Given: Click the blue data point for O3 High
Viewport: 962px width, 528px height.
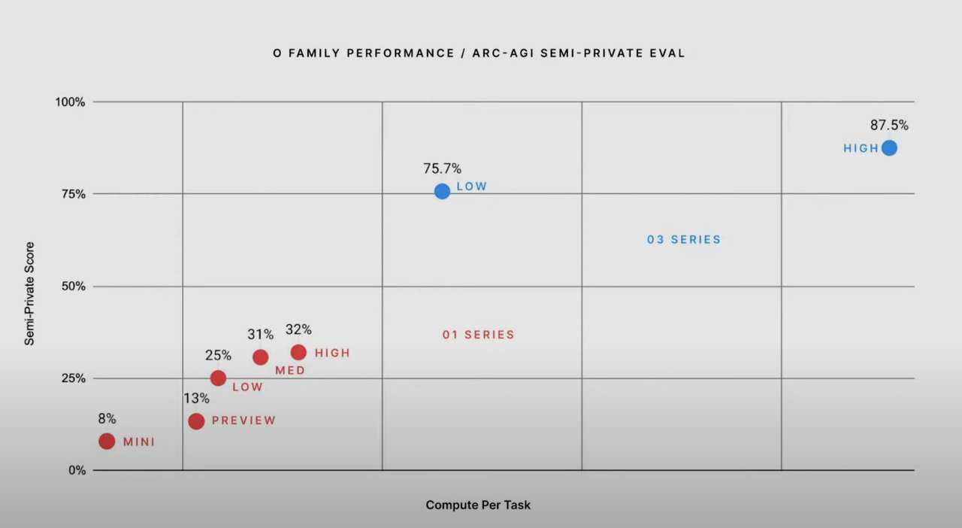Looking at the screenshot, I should [x=889, y=147].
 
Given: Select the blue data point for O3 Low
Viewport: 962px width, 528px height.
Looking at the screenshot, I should [x=442, y=191].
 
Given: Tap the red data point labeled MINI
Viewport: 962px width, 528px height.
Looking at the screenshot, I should [x=107, y=441].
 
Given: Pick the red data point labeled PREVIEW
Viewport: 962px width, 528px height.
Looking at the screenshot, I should [x=196, y=421].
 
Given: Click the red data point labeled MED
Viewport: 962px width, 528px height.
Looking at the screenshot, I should [x=260, y=357].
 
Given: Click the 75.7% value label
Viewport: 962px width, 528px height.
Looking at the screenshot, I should [x=442, y=168].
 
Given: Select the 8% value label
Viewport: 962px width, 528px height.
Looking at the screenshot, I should [x=107, y=419].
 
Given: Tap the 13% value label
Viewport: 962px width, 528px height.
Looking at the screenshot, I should [x=196, y=399].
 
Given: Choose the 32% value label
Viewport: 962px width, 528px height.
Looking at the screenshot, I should [x=298, y=329].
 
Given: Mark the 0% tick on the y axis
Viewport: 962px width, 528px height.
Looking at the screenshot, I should [x=77, y=471].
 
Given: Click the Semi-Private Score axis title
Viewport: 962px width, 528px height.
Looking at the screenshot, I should [x=30, y=293].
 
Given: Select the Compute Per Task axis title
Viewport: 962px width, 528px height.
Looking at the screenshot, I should [x=478, y=505].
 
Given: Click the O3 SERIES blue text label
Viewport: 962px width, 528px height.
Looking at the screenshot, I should [x=684, y=240].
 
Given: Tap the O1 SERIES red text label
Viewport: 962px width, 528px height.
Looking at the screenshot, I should [x=478, y=335].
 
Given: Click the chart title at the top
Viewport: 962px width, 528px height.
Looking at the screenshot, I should [x=479, y=53].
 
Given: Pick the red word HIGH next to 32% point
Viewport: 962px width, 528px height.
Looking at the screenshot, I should [x=332, y=353].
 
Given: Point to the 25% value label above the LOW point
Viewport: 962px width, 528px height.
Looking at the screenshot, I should [x=218, y=355].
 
